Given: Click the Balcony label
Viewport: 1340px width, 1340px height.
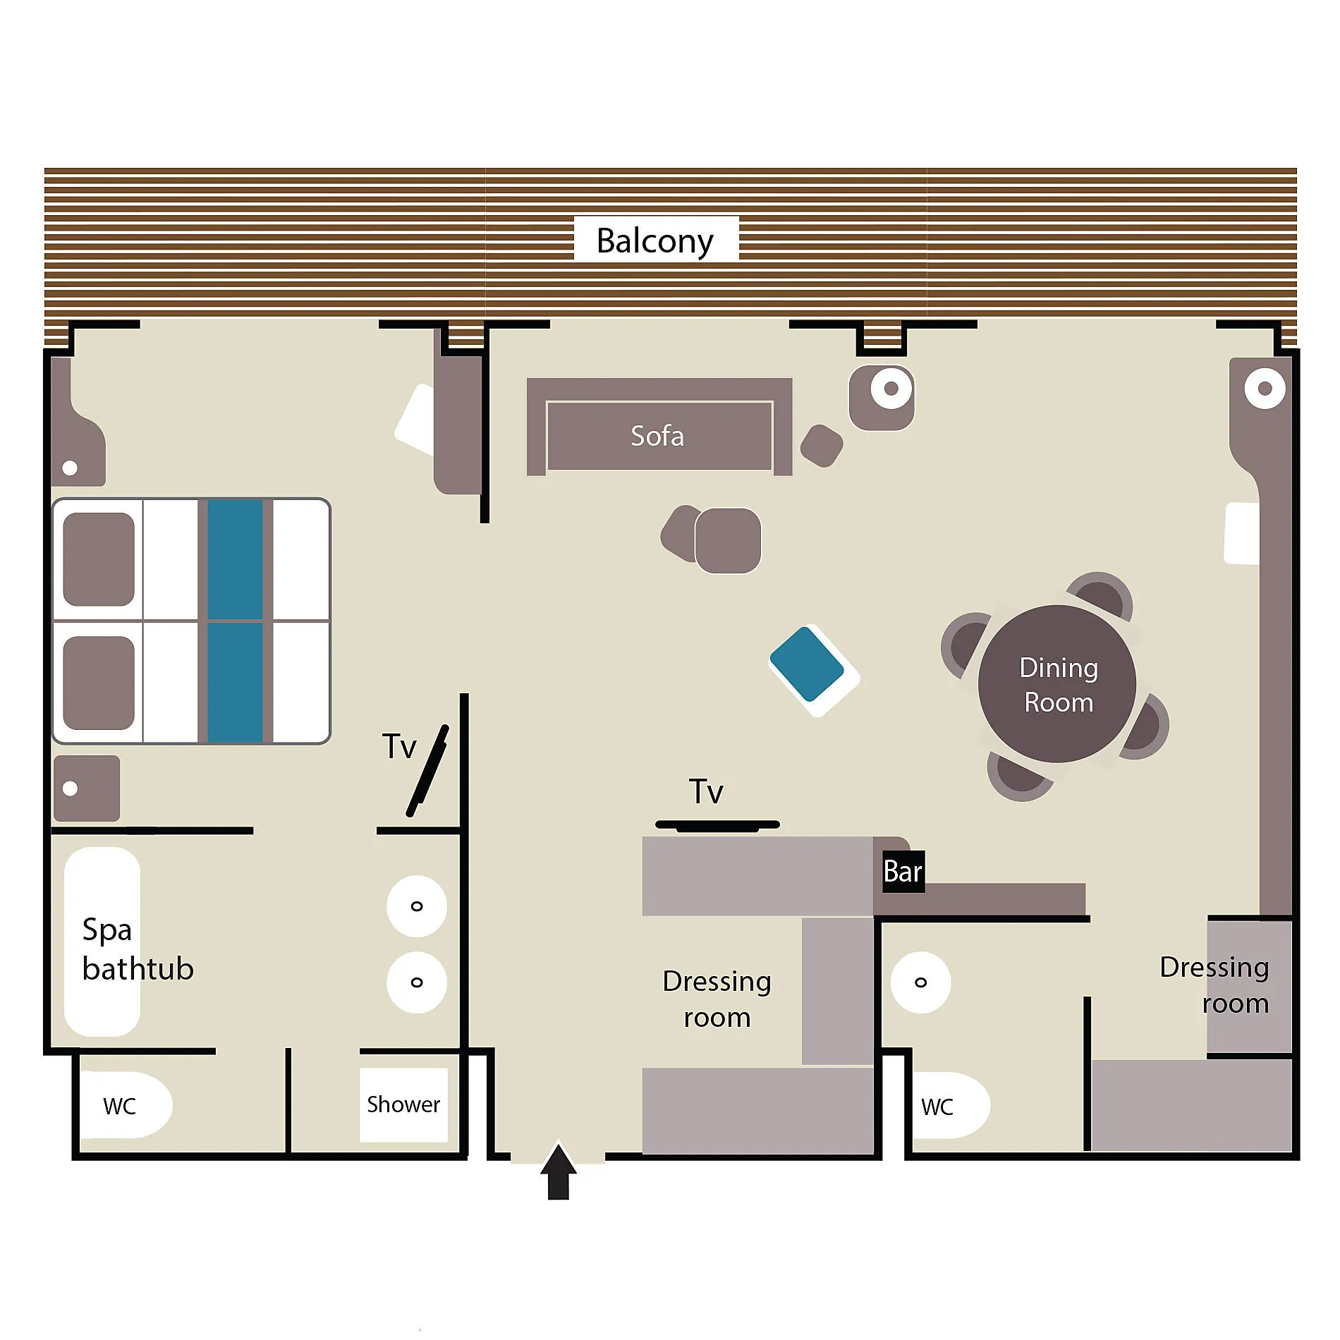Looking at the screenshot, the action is click(655, 240).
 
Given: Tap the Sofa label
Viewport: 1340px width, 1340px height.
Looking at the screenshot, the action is click(657, 436).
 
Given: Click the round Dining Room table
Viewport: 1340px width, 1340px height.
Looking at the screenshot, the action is click(1056, 683).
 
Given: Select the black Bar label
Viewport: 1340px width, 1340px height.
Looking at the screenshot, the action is click(903, 872).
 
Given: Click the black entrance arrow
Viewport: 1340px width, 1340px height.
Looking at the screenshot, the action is click(559, 1171).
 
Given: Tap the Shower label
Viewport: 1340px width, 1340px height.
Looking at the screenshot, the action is click(403, 1104).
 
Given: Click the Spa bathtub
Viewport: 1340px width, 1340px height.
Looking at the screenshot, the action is click(102, 942).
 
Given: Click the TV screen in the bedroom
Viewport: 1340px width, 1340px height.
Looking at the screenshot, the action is click(427, 771).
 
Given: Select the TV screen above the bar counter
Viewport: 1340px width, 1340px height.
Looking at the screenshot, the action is click(717, 825).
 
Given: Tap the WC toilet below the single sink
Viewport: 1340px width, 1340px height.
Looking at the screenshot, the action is click(951, 1105).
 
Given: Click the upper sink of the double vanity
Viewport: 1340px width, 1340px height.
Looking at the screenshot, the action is click(417, 906).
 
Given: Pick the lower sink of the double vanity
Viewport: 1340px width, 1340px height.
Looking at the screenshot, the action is click(417, 982).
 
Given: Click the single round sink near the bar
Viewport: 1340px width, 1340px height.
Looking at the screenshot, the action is click(920, 982).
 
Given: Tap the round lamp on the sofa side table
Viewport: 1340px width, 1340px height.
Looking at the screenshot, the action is click(891, 388).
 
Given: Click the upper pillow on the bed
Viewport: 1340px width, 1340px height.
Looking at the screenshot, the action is click(99, 559).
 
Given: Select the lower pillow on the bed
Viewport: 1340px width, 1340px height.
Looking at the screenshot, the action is click(99, 683).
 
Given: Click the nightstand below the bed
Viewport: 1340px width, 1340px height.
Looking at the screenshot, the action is click(87, 788).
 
